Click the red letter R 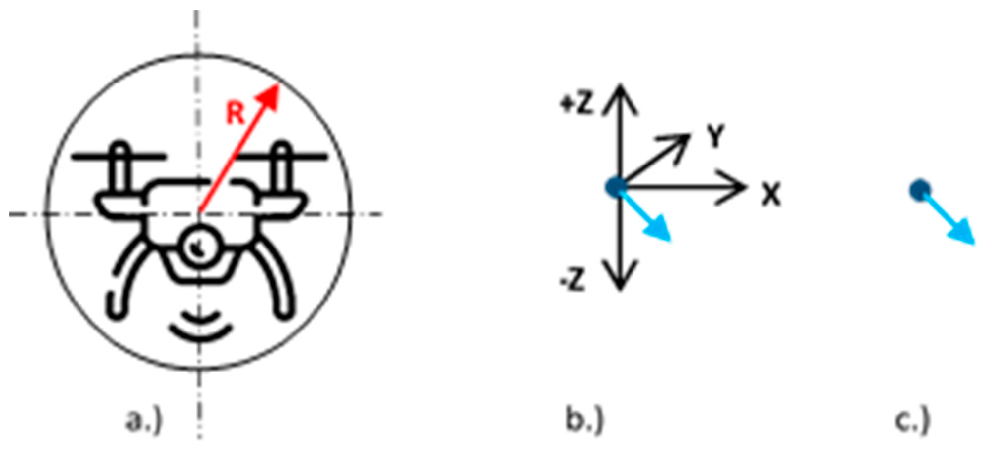236,113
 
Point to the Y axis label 714,137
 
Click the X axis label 770,195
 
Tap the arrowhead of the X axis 736,187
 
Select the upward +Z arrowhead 620,96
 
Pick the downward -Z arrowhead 620,279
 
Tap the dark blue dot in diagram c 920,190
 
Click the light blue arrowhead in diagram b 661,231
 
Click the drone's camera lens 199,246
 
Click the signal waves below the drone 200,327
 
